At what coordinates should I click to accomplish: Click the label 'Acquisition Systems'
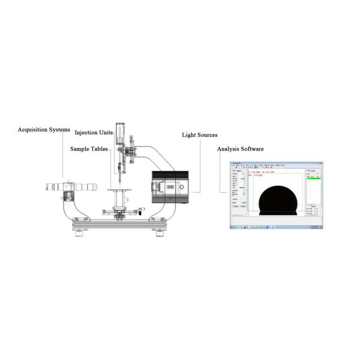click(44, 130)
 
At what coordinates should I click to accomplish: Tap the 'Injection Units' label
click(94, 133)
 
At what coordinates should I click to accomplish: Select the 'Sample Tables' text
click(89, 148)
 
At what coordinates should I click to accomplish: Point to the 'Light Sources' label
click(200, 135)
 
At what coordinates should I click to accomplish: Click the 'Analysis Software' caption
click(239, 148)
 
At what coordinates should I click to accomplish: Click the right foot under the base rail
click(159, 233)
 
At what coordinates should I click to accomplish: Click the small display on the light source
click(169, 187)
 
